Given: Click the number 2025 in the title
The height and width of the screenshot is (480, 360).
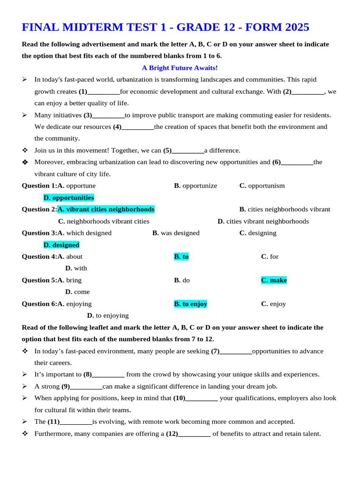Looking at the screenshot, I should point(294,27).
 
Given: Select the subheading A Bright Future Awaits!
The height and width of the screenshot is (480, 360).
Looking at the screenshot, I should point(180,68).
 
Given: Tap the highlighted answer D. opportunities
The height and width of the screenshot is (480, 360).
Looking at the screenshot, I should point(68,198).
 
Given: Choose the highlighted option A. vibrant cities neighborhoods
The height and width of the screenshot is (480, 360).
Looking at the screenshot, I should point(106,210).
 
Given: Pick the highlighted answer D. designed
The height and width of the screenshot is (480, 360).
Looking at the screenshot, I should point(61,245).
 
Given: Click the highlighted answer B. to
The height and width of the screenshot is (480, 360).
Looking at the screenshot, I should point(181,256).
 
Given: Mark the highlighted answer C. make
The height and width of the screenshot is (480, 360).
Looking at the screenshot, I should point(274,280).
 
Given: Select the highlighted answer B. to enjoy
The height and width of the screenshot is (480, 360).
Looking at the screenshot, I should point(190,304).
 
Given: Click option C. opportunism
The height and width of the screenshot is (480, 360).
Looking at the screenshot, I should point(262,186).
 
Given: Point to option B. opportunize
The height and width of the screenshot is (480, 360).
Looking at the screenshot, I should point(195,186).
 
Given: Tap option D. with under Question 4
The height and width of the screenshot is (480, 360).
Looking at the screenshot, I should point(76,269).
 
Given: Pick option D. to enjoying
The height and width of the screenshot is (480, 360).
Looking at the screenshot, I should point(108,315).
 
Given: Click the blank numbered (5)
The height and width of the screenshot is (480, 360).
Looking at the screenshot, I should point(187,151).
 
